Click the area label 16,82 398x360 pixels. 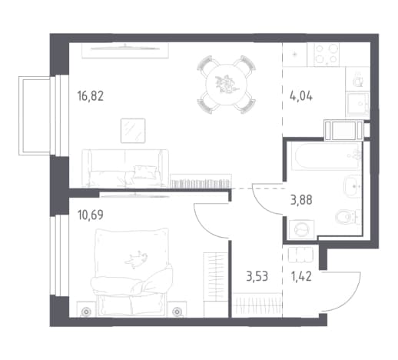tap(91, 96)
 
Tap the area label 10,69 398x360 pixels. tap(91, 215)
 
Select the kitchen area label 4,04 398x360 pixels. tap(301, 97)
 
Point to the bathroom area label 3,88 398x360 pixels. tap(301, 200)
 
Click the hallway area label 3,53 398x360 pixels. tap(257, 277)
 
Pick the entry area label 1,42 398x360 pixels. tap(301, 277)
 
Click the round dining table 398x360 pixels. tap(227, 85)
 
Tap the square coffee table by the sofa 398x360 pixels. tap(133, 131)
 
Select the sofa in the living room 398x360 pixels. tap(125, 168)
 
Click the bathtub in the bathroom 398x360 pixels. tap(327, 156)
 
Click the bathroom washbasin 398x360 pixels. tap(353, 186)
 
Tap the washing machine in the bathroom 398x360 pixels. tap(302, 228)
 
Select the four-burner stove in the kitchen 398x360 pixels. tap(327, 55)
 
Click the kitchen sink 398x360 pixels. tap(358, 104)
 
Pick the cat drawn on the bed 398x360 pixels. tap(136, 258)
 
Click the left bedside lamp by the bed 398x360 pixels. tap(86, 312)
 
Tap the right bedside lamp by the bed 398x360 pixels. tap(177, 312)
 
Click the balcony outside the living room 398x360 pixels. tap(35, 115)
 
